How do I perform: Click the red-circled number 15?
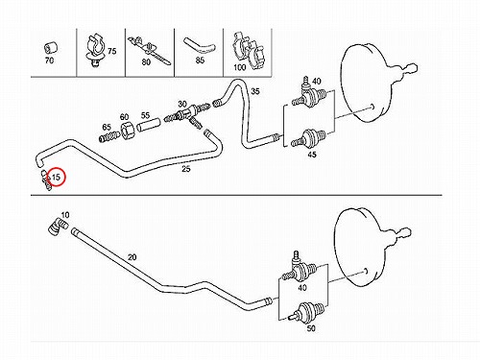point(56,177)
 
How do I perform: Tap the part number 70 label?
point(49,60)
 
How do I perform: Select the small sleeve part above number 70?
point(51,48)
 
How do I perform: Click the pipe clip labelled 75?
point(94,50)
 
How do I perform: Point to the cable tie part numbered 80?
point(150,51)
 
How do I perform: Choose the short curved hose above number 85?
point(199,46)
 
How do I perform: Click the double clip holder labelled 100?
point(249,50)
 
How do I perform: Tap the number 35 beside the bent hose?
point(254,91)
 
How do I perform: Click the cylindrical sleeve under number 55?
point(148,125)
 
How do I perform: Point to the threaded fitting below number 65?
point(108,137)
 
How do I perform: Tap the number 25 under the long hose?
point(185,169)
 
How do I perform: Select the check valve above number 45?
point(309,138)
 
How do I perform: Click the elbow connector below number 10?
point(57,227)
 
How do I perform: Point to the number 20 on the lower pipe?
point(132,257)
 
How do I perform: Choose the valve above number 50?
point(306,312)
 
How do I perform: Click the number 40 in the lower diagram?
point(302,288)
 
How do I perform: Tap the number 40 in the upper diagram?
point(317,82)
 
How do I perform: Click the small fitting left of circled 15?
point(45,180)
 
